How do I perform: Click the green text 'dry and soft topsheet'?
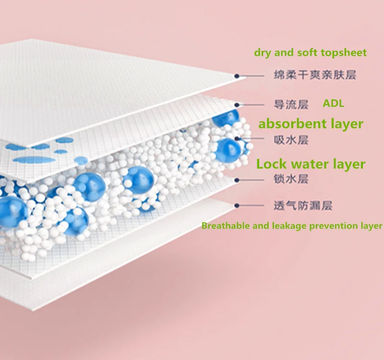pos(310,53)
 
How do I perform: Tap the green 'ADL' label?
pos(333,103)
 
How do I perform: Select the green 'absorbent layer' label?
pos(311,124)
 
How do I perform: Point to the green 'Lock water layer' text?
pos(311,164)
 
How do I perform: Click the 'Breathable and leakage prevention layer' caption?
pos(292,225)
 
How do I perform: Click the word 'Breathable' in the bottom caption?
pos(222,225)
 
